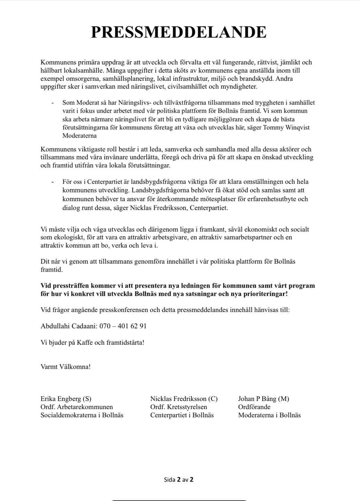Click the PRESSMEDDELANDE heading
[x=179, y=32]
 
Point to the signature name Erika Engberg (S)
[x=66, y=399]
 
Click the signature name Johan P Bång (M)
[x=264, y=399]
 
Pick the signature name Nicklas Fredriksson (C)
[x=183, y=399]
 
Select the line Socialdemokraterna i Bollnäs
[x=82, y=415]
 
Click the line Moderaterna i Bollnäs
[x=269, y=415]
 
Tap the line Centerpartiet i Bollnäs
[x=182, y=415]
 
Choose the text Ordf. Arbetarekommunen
[x=77, y=407]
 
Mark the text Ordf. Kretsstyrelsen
[x=179, y=407]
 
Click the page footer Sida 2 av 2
[x=179, y=479]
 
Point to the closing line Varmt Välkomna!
[x=65, y=367]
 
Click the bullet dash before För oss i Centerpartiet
[x=53, y=182]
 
